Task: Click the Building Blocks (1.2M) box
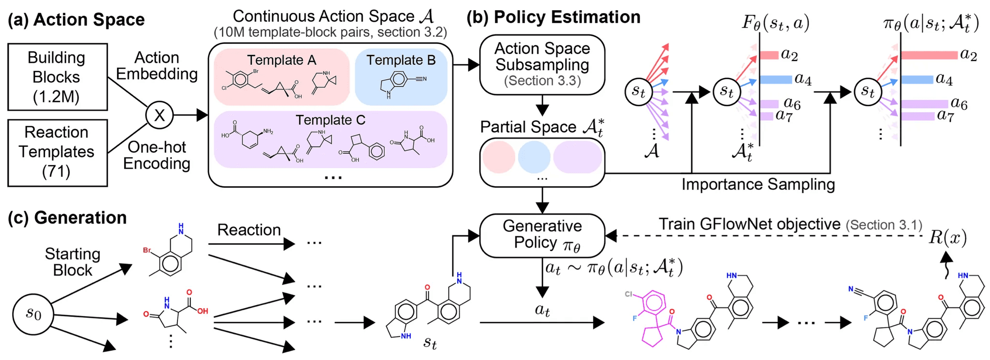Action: pos(57,77)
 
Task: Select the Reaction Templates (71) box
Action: pos(57,152)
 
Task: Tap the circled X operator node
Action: pos(160,115)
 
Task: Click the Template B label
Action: pos(401,60)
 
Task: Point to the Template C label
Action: pos(330,120)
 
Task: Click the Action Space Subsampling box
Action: pos(542,64)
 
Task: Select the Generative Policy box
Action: pos(542,235)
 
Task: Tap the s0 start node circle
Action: pos(33,314)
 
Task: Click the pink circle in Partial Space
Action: pos(498,157)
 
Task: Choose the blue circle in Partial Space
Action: pos(534,157)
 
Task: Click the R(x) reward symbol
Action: pos(947,237)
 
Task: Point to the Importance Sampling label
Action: pos(758,184)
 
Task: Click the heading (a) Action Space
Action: pos(76,20)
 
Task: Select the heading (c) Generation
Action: pos(67,217)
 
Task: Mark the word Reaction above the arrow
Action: pos(249,230)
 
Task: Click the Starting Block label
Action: pos(73,262)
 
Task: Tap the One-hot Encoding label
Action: pos(157,155)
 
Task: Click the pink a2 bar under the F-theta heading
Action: pos(769,55)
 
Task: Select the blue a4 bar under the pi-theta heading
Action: pos(917,79)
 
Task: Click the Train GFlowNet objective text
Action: pos(749,224)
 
